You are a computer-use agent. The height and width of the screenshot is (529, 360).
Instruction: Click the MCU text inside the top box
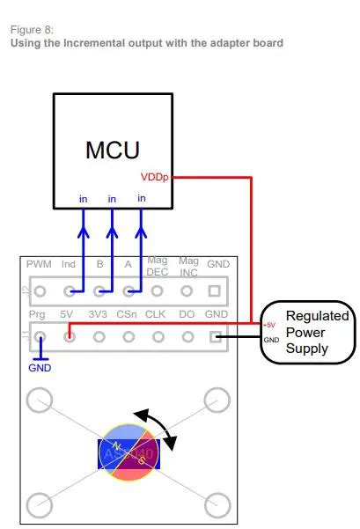[112, 149]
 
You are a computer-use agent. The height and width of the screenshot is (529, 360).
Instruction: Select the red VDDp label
[155, 177]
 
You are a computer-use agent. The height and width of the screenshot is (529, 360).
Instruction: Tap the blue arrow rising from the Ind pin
[83, 246]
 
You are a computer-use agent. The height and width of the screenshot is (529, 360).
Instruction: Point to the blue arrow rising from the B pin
[112, 246]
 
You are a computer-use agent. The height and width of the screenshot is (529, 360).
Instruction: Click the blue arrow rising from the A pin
[141, 246]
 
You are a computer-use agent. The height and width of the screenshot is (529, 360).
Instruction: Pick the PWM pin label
[39, 264]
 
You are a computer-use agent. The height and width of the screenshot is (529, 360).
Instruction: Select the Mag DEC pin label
[158, 265]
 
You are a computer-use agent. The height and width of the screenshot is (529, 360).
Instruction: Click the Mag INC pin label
[187, 265]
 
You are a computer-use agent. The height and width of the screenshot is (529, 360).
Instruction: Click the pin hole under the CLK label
[158, 335]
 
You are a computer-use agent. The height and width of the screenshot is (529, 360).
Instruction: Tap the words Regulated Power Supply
[318, 332]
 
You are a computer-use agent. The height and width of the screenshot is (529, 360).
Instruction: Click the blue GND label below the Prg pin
[40, 367]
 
